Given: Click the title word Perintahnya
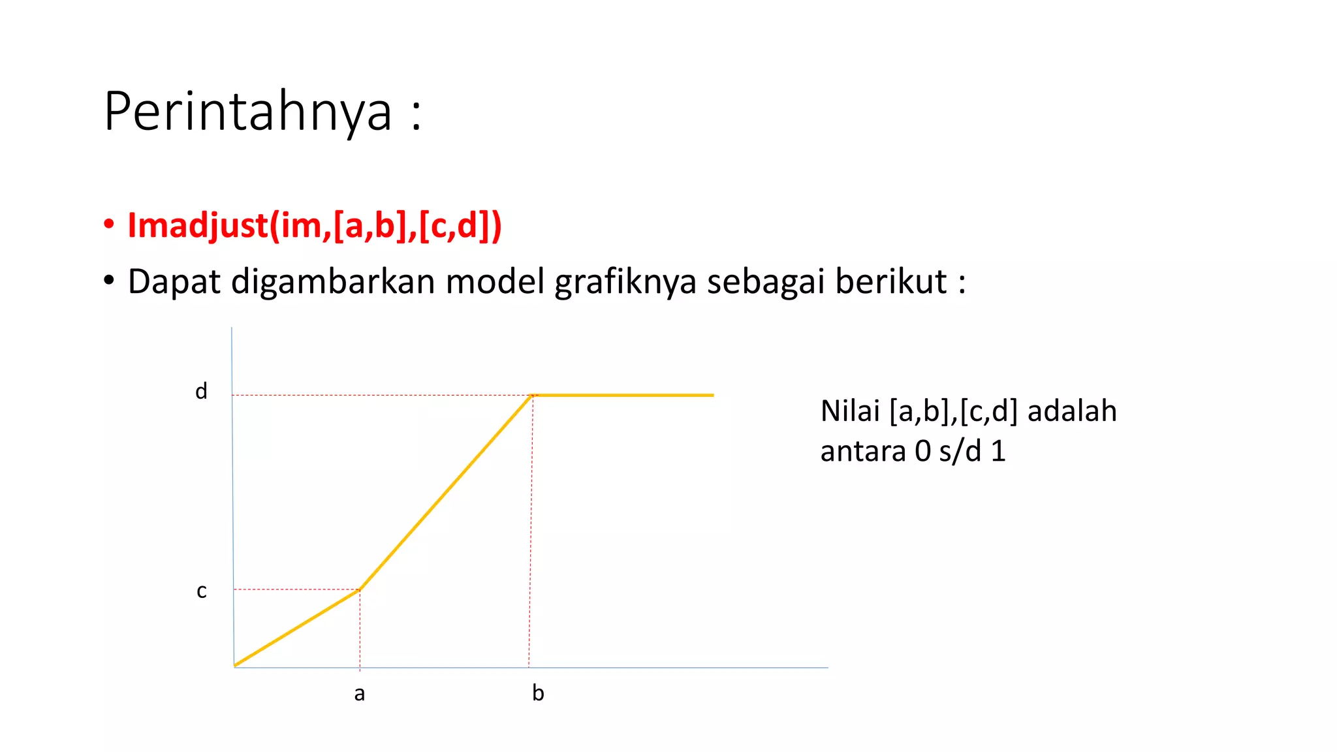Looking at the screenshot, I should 248,112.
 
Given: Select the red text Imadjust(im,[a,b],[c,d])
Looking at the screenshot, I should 315,226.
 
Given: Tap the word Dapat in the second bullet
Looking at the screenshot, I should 174,282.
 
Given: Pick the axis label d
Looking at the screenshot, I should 201,392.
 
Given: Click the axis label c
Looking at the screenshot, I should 202,591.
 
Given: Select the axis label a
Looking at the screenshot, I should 359,694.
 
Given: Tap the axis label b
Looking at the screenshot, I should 538,693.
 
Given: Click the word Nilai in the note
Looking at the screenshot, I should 850,411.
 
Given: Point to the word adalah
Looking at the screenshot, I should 1072,411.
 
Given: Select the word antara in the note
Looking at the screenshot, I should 863,452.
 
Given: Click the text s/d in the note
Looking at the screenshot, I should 960,452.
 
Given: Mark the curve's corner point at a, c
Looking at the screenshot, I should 359,589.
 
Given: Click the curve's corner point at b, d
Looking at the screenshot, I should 533,395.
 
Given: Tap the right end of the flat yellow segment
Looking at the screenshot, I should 713,395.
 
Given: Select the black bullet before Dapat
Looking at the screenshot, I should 109,281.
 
